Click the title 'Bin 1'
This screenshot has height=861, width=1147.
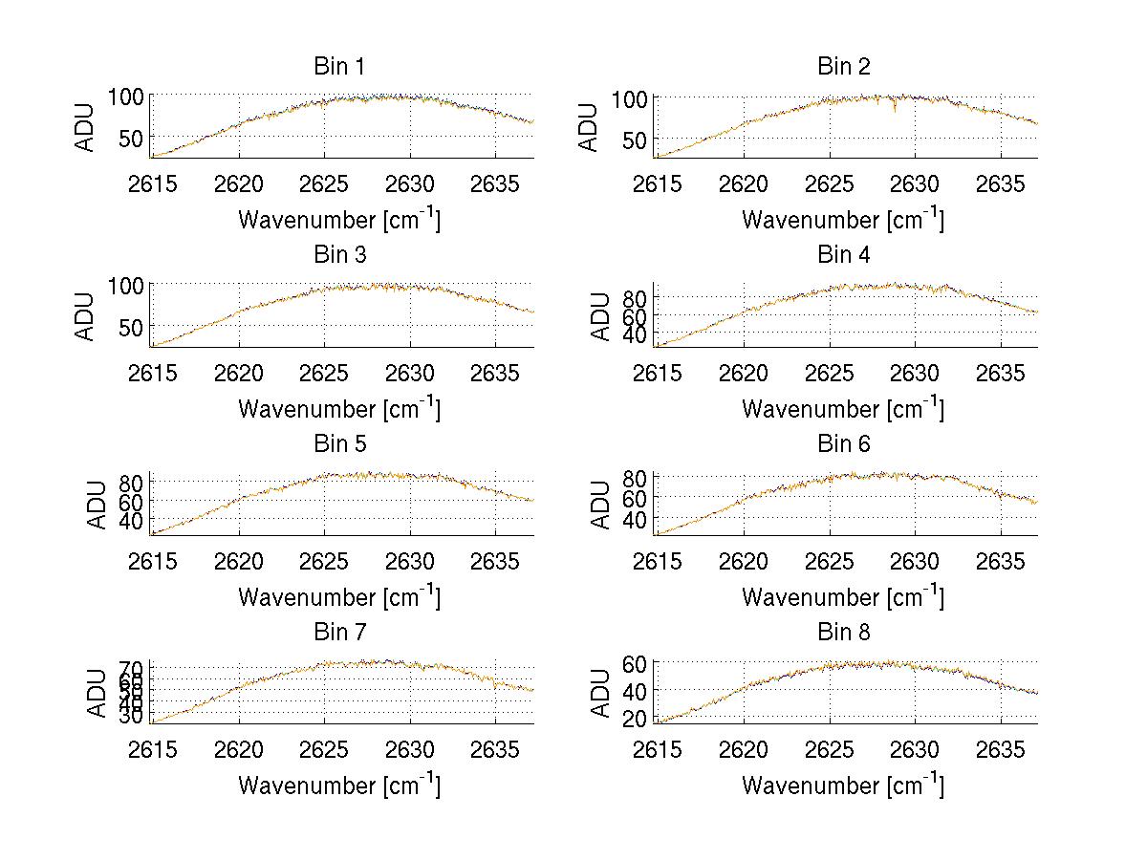pyautogui.click(x=338, y=67)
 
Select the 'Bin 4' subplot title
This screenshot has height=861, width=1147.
pyautogui.click(x=843, y=255)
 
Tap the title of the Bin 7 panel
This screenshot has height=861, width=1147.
pyautogui.click(x=338, y=633)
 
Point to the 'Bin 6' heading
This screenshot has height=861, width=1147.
pyautogui.click(x=843, y=444)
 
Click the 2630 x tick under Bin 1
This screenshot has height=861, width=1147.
pyautogui.click(x=411, y=183)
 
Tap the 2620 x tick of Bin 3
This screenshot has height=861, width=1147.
pyautogui.click(x=239, y=373)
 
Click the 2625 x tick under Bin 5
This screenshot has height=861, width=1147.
pyautogui.click(x=325, y=561)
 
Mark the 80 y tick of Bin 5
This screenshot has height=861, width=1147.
pyautogui.click(x=132, y=481)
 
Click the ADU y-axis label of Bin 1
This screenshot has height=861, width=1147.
pyautogui.click(x=86, y=127)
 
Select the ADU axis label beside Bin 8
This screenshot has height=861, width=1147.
pyautogui.click(x=601, y=692)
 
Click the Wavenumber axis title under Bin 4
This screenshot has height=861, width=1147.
pyautogui.click(x=843, y=409)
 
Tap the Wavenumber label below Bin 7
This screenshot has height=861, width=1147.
pyautogui.click(x=339, y=786)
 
